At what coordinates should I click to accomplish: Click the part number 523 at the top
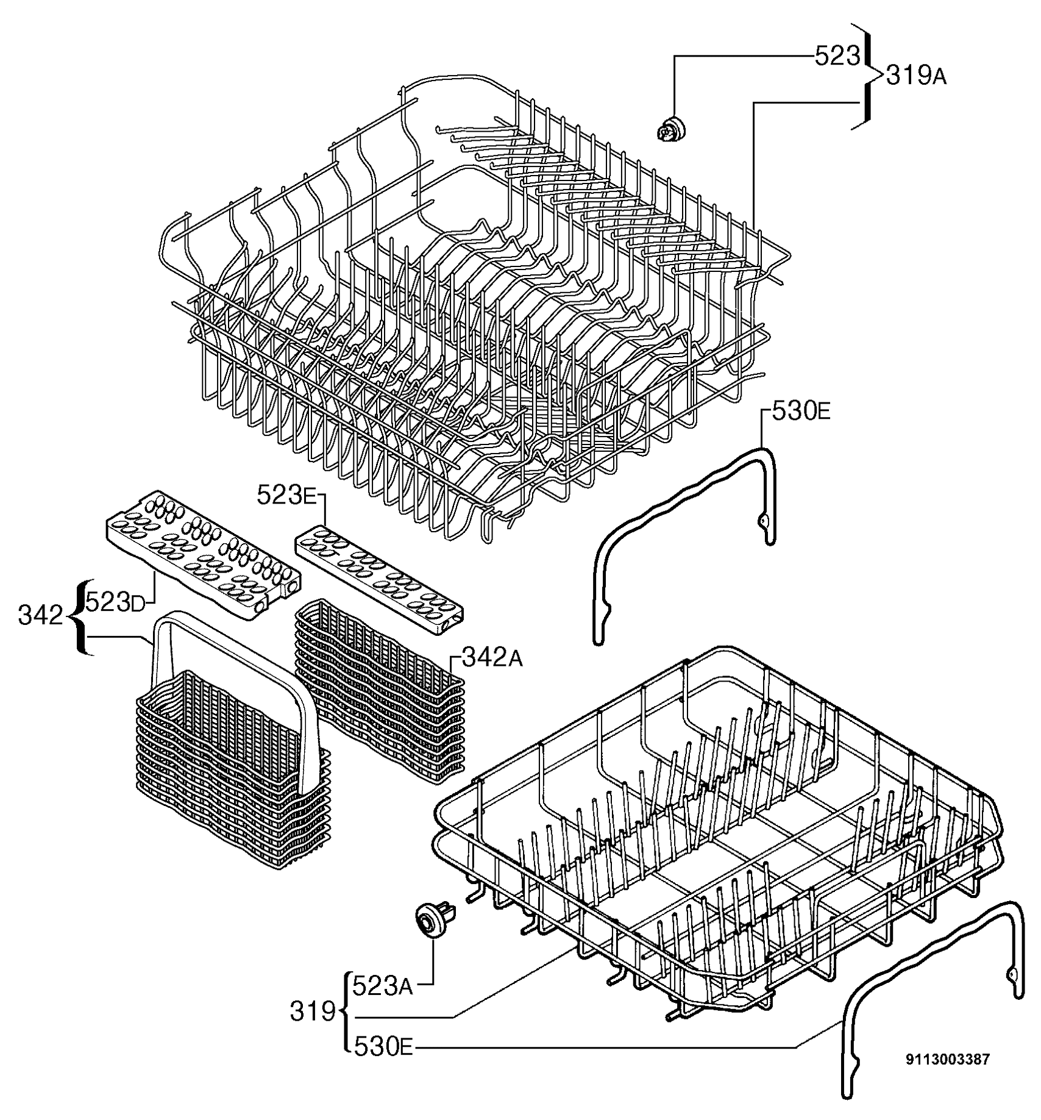pyautogui.click(x=837, y=57)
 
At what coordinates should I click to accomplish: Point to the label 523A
pyautogui.click(x=383, y=986)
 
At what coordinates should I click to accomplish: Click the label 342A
pyautogui.click(x=492, y=657)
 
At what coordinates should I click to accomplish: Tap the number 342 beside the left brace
pyautogui.click(x=41, y=616)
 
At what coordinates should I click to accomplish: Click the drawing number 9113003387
pyautogui.click(x=948, y=1060)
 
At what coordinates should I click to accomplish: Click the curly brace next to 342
pyautogui.click(x=80, y=616)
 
